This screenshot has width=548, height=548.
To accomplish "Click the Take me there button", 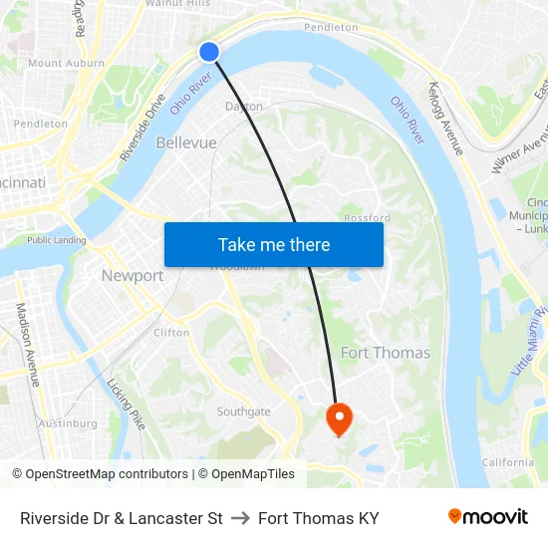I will click(274, 245).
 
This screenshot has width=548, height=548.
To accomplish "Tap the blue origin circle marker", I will click(209, 52).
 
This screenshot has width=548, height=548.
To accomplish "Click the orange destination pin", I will click(339, 417).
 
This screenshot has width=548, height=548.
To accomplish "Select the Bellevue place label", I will click(186, 143).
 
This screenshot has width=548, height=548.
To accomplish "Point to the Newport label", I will click(133, 276).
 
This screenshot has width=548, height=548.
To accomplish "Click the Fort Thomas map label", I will click(386, 353).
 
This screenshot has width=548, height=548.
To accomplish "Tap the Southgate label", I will click(244, 411).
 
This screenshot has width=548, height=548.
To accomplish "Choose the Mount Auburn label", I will click(66, 63).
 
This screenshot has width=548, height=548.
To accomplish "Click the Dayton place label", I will click(244, 106).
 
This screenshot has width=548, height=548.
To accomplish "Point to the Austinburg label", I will click(68, 423).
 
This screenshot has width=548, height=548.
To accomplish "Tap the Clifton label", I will click(171, 333).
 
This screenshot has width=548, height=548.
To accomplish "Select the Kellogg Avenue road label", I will click(446, 119).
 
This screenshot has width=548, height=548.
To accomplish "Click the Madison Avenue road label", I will click(28, 345).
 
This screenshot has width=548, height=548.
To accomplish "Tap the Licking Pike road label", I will click(127, 404).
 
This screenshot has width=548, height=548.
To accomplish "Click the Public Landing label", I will click(56, 240).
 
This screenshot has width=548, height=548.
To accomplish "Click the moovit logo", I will click(487, 517).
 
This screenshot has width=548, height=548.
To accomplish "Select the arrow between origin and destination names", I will click(240, 518).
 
